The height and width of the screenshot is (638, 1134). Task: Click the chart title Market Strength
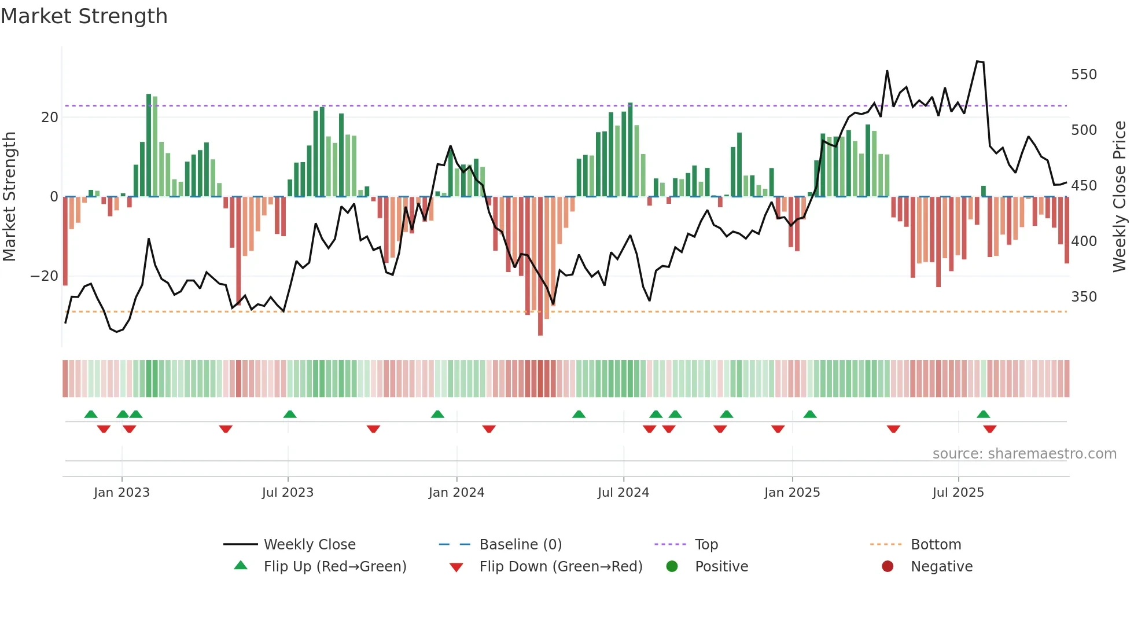(84, 16)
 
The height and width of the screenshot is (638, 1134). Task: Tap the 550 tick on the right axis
(1083, 75)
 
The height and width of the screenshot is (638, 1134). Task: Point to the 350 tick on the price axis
(1083, 297)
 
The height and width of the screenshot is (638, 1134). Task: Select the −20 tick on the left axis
(44, 276)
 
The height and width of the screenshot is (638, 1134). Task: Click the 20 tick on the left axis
(49, 118)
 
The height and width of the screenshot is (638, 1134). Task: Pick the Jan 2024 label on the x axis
(456, 493)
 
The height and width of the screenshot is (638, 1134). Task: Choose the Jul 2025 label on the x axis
(958, 493)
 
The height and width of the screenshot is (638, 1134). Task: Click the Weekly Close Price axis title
(1120, 197)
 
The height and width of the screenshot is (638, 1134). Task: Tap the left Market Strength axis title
(10, 197)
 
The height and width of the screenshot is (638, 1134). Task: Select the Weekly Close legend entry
(309, 545)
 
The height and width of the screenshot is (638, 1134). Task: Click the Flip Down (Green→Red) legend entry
(560, 567)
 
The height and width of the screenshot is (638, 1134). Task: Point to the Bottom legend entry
(935, 545)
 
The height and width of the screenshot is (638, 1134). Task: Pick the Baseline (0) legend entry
(520, 545)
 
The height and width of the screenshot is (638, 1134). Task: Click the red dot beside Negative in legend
(887, 566)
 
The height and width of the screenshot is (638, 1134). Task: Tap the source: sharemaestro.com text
(1024, 454)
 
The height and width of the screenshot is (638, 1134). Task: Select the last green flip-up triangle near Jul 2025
(983, 414)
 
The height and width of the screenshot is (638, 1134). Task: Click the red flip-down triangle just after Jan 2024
(489, 428)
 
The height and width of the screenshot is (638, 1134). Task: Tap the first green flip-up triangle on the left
(91, 414)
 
